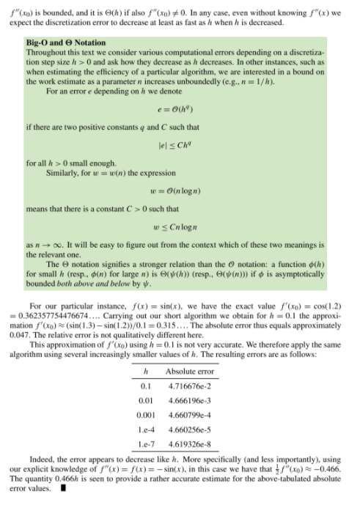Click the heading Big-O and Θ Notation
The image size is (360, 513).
(x=65, y=43)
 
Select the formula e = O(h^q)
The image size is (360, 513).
(x=179, y=111)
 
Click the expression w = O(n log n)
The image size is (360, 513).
(x=179, y=193)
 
